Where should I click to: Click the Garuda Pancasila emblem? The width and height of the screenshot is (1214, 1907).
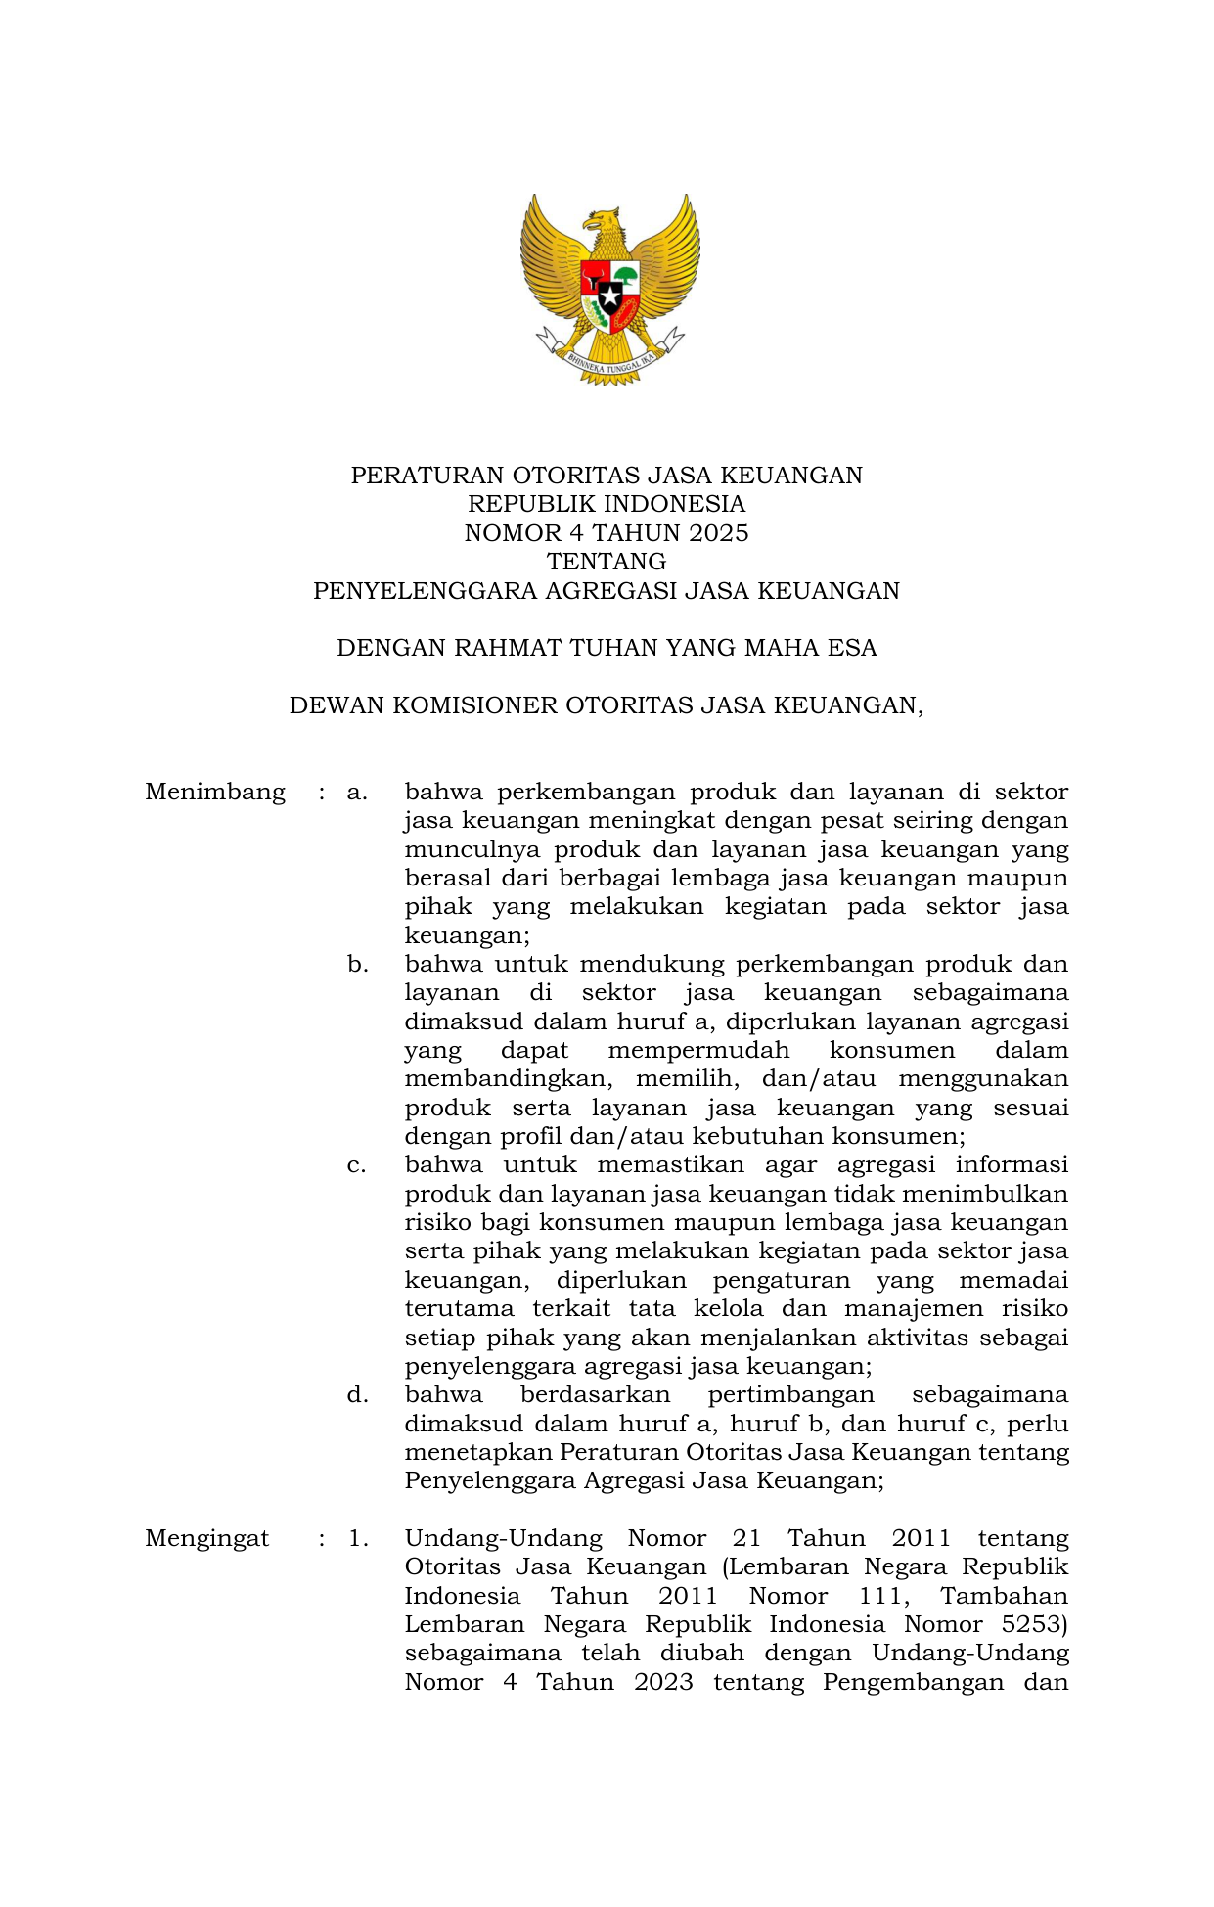tap(609, 289)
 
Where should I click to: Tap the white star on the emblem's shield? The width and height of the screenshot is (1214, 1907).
tap(609, 295)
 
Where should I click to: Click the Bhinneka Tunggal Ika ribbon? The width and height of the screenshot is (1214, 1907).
tap(609, 363)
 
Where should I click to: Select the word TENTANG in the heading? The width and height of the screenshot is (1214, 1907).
tap(607, 562)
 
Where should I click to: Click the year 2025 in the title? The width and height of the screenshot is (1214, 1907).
tap(718, 533)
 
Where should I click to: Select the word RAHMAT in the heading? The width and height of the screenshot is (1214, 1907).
tap(505, 648)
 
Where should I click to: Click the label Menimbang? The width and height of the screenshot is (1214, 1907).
tap(215, 792)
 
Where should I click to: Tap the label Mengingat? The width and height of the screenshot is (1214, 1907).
tap(206, 1538)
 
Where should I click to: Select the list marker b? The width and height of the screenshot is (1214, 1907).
tap(357, 965)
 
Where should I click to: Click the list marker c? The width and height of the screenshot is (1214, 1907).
tap(356, 1165)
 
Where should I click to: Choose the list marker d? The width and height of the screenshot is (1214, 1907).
tap(357, 1395)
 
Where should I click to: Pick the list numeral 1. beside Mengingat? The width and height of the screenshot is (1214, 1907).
tap(358, 1538)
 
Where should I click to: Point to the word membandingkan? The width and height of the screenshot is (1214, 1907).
tap(508, 1079)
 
